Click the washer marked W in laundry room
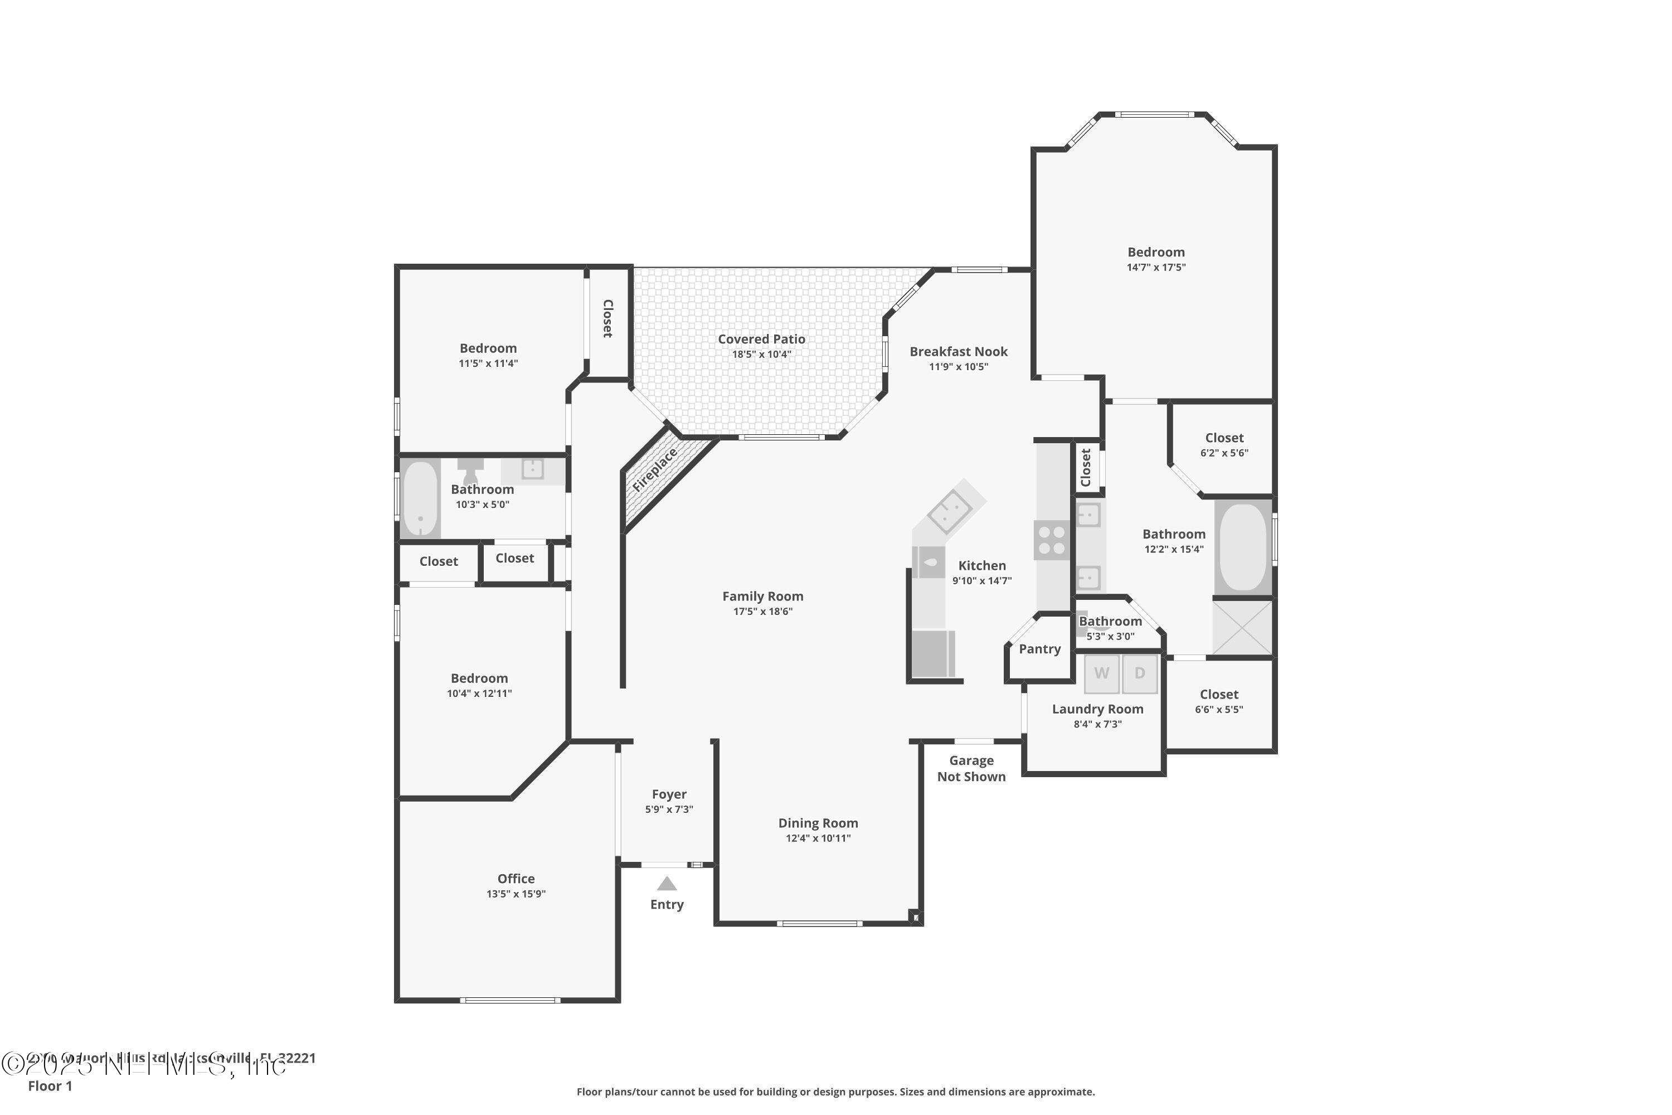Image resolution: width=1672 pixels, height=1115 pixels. point(1101,673)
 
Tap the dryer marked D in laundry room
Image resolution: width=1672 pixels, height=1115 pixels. point(1140,673)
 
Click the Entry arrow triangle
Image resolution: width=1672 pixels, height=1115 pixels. point(666,884)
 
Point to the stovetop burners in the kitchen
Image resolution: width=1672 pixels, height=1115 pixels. point(1051,540)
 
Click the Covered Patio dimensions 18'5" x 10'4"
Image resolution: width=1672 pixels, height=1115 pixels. point(761,354)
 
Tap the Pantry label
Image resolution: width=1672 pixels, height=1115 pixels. point(1039,648)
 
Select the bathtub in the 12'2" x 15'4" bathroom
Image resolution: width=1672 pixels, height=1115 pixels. point(1243,546)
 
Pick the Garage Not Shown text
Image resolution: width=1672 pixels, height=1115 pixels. point(971,769)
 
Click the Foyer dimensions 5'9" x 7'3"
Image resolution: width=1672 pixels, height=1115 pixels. point(669,809)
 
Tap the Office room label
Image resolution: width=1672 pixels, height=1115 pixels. point(516,878)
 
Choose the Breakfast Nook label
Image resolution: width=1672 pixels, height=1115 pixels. point(958,351)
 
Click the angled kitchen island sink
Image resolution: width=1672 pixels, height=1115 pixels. point(950,511)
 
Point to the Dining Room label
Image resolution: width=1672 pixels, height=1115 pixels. point(818,823)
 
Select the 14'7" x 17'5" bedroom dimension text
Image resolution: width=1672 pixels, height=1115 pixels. point(1156,268)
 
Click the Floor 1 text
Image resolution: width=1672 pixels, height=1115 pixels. point(50,1086)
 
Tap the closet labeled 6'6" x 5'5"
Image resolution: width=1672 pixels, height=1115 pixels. point(1218,701)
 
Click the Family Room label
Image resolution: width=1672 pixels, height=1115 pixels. point(763,596)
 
